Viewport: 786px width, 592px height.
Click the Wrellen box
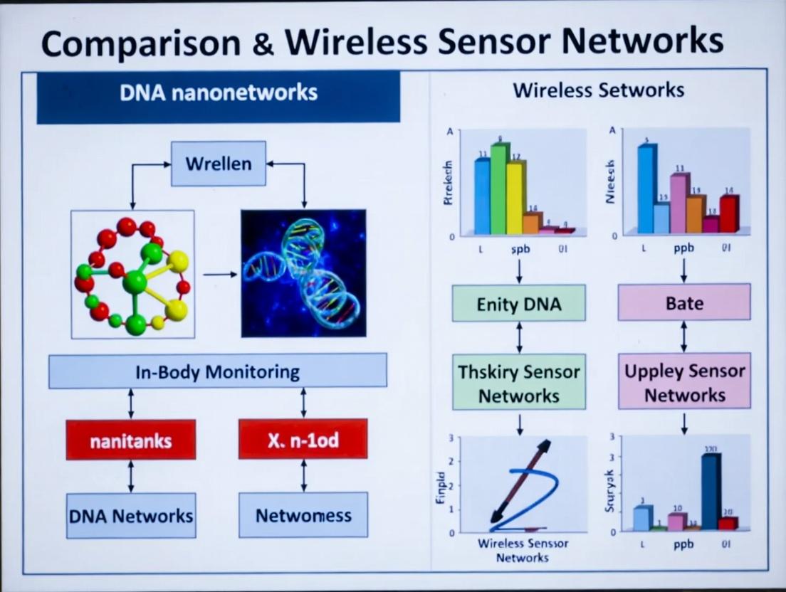click(218, 164)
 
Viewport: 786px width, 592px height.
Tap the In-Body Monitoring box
click(218, 371)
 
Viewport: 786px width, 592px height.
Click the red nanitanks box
click(130, 440)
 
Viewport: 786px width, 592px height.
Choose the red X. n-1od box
click(303, 440)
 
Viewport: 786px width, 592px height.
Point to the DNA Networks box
click(131, 515)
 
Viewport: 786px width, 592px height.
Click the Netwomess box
click(303, 515)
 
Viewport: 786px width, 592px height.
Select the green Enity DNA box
click(519, 304)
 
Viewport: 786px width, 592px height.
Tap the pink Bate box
click(684, 302)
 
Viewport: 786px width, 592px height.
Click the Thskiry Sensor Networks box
click(519, 383)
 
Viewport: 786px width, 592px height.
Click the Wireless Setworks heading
click(598, 90)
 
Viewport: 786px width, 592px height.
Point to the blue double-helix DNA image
click(303, 273)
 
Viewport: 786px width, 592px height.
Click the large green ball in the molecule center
click(135, 282)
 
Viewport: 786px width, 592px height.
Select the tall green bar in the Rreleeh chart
click(499, 189)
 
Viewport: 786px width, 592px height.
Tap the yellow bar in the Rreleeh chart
click(515, 197)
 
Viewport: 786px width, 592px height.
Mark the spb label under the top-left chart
click(521, 250)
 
